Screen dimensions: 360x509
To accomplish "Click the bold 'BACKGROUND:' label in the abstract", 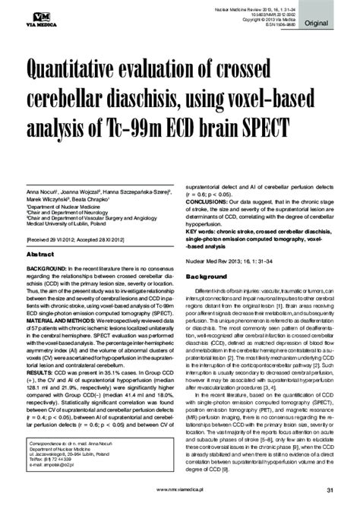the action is point(48,248).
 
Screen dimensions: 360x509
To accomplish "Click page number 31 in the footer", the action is point(331,488).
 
